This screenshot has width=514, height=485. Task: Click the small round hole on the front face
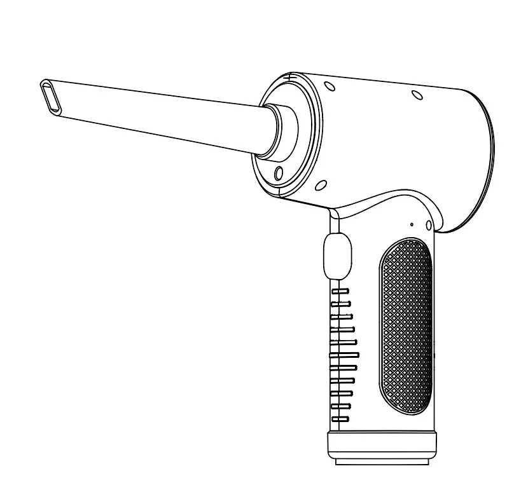coord(278,172)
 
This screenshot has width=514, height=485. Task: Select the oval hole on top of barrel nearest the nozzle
coord(330,87)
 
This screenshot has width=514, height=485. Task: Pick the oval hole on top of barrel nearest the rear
coord(417,95)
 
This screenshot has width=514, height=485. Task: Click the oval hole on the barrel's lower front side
coord(321,186)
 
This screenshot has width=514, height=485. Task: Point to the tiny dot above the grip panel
coord(412,224)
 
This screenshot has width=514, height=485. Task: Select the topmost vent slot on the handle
coord(341,290)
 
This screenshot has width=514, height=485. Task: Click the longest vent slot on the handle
coord(344,354)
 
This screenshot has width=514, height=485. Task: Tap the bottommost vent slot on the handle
coord(340,419)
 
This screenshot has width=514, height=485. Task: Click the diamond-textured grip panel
coord(406,327)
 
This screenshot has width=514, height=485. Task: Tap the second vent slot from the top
coord(341,303)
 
